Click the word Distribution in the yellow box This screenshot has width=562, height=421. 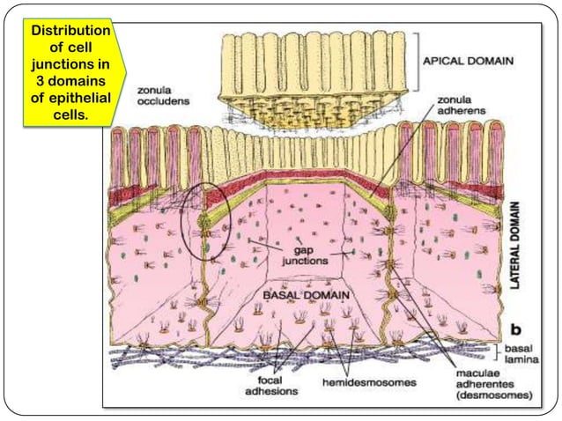(70, 32)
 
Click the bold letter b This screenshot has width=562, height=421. (514, 331)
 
